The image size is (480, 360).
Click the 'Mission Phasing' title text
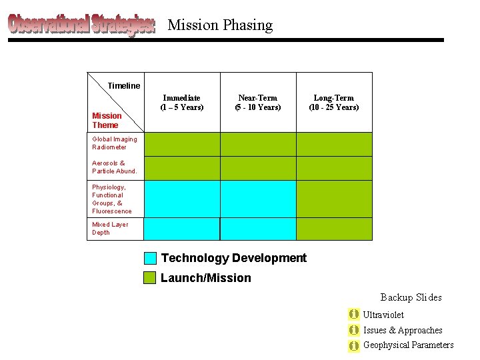(220, 25)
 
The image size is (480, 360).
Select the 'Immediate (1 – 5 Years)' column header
(182, 103)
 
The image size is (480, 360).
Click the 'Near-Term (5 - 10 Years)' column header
(258, 103)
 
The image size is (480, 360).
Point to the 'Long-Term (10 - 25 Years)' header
(334, 103)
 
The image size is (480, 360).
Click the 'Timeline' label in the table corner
(124, 85)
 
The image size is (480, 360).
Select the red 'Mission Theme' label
(107, 120)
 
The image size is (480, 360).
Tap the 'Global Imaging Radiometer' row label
(114, 143)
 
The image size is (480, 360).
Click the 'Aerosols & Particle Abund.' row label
(114, 167)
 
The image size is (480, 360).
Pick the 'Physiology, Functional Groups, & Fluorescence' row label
(112, 199)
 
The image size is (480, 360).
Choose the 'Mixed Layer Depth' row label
(110, 229)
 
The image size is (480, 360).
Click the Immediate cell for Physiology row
(182, 199)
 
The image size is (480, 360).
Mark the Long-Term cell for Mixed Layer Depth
(334, 229)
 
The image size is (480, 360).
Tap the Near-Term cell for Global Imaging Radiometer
(258, 144)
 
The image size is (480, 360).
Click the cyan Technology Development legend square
(151, 258)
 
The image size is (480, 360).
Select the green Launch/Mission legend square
(151, 277)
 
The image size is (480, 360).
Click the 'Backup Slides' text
(411, 297)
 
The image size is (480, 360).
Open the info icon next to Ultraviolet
(354, 314)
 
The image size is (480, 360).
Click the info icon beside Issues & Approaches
(354, 330)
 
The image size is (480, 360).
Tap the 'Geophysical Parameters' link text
(408, 345)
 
